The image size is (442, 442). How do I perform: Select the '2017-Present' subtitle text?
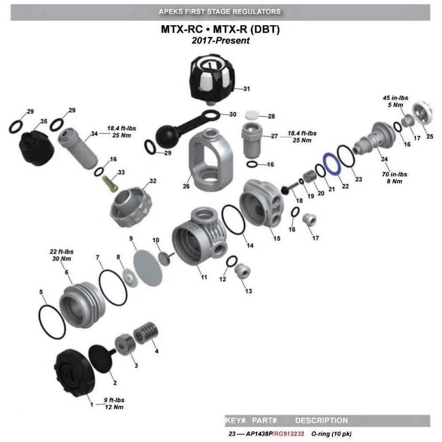coord(221,41)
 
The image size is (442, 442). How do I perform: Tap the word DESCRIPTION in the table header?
coord(321,420)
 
